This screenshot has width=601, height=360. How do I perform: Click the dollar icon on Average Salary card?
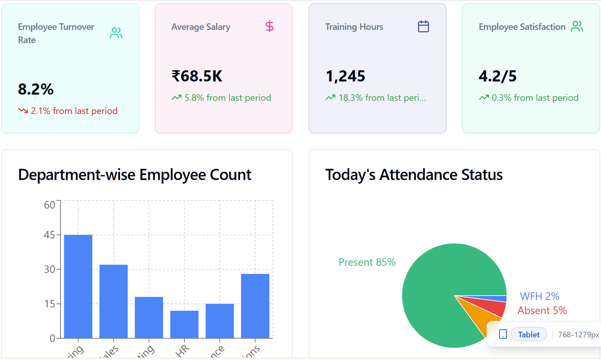tap(269, 26)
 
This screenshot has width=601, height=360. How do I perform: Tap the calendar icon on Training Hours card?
tap(423, 26)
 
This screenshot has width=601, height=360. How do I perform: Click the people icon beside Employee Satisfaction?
tap(577, 26)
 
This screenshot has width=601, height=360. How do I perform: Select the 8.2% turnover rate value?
tap(36, 89)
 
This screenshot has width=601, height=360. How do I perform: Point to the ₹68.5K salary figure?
tap(197, 76)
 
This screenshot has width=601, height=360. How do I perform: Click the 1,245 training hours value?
tap(345, 76)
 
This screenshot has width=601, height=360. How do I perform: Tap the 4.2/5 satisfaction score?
tap(497, 76)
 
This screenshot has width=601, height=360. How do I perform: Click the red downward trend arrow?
tap(23, 111)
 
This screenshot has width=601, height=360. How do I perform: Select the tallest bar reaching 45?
tap(78, 286)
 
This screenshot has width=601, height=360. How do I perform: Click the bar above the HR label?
tap(184, 324)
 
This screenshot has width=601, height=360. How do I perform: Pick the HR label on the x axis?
tap(183, 350)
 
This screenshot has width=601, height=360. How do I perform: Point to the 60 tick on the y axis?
tap(50, 205)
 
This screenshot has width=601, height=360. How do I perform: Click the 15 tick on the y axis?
tap(50, 304)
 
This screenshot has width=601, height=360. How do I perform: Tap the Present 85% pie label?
tap(367, 262)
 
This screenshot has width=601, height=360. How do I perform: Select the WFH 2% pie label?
tap(540, 296)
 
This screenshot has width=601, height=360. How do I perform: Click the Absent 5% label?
tap(542, 310)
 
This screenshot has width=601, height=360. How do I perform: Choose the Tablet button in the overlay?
tap(529, 334)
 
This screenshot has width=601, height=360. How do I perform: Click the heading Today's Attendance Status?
tap(414, 175)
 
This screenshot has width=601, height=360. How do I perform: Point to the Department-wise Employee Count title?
tap(135, 175)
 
